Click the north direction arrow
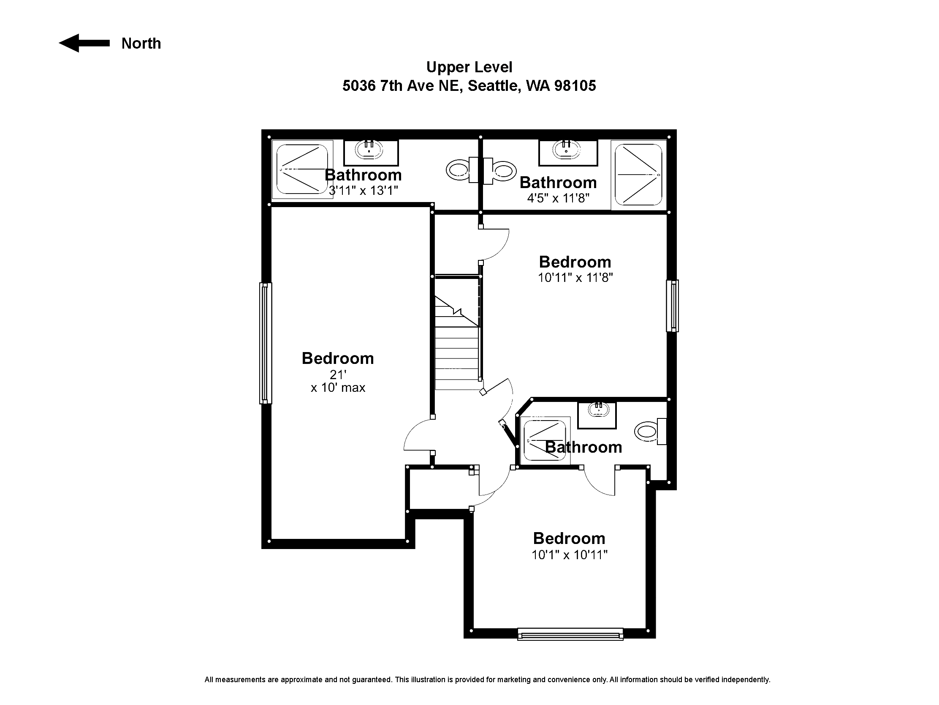coord(84,43)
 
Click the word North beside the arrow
coord(141,44)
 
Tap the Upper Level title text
coord(469,67)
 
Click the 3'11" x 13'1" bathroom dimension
coord(364,190)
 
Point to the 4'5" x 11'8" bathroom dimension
coord(558,198)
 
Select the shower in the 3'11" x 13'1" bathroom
coord(302,169)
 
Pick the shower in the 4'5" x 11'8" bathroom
coord(638,175)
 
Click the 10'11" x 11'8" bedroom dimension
coord(575,278)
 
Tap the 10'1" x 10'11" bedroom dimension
coord(570,555)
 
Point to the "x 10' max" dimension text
coord(338,388)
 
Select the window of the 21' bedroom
coord(266,343)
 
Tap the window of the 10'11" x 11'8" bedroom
coord(673,306)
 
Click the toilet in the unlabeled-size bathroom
coord(650,432)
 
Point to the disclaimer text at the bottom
coord(487,680)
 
